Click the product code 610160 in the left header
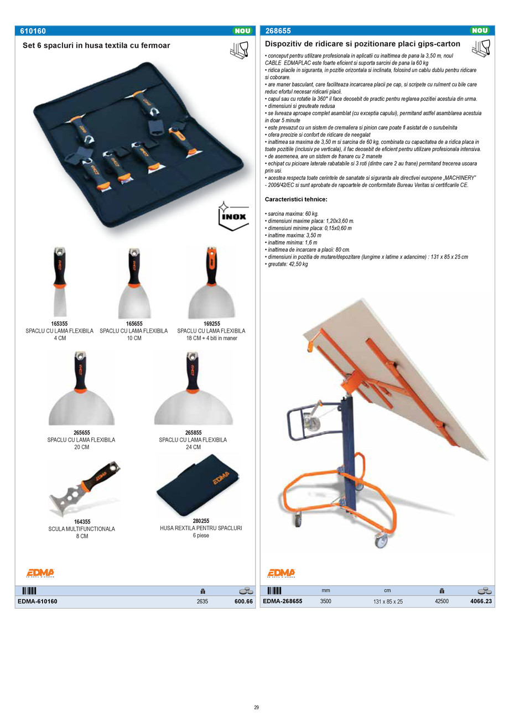pos(33,31)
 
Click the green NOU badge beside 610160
pos(242,31)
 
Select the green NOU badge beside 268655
pos(479,31)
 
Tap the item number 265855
pos(193,433)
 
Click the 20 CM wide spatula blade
pos(81,410)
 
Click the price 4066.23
pos(480,601)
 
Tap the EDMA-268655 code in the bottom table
pos(282,601)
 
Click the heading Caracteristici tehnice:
pos(296,199)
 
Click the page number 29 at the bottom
pos(257,707)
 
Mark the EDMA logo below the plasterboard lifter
pos(282,573)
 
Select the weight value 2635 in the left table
pos(202,602)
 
